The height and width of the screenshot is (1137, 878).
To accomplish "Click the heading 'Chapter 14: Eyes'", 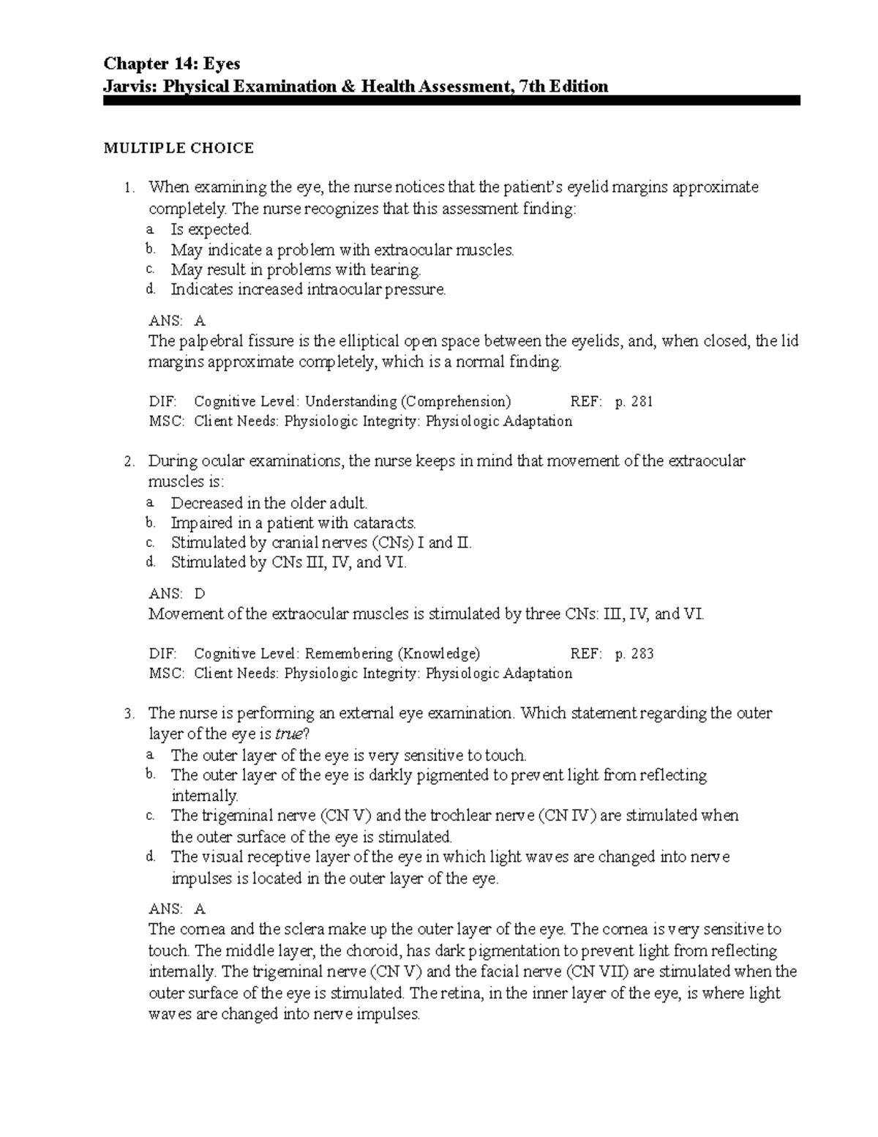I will pyautogui.click(x=171, y=64).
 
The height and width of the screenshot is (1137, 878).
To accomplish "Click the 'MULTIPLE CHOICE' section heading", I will pyautogui.click(x=179, y=149).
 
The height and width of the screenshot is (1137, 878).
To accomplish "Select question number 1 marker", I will pyautogui.click(x=129, y=188).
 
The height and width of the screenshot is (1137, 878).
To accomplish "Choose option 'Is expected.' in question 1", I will pyautogui.click(x=211, y=230).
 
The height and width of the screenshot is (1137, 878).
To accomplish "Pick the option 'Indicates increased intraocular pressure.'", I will pyautogui.click(x=307, y=290).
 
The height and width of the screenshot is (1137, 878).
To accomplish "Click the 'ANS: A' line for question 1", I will pyautogui.click(x=177, y=321).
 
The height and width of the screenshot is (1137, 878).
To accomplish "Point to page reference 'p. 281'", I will pyautogui.click(x=634, y=401).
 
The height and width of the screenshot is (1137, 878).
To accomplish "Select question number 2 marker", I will pyautogui.click(x=129, y=462).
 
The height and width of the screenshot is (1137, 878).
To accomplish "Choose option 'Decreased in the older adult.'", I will pyautogui.click(x=269, y=503).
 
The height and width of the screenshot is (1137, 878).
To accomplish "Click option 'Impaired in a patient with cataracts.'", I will pyautogui.click(x=293, y=523).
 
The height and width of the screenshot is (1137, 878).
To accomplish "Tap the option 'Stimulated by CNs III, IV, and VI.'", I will pyautogui.click(x=288, y=563).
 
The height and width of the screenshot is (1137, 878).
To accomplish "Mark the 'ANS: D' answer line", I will pyautogui.click(x=177, y=594).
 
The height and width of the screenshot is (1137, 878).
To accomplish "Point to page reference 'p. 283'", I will pyautogui.click(x=634, y=654).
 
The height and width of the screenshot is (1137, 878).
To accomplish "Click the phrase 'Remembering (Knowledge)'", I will pyautogui.click(x=392, y=654).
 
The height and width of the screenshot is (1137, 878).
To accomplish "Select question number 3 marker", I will pyautogui.click(x=129, y=714).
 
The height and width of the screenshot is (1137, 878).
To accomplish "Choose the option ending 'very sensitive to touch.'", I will pyautogui.click(x=348, y=756).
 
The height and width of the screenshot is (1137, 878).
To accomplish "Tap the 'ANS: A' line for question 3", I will pyautogui.click(x=177, y=909).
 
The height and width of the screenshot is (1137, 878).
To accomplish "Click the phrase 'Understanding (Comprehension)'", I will pyautogui.click(x=408, y=401).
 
